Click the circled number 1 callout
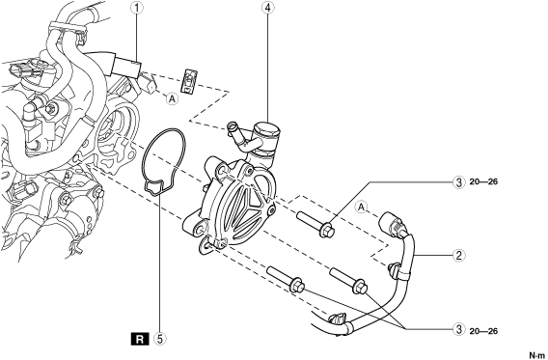click(x=137, y=9)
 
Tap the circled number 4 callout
click(x=267, y=9)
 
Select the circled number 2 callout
click(x=459, y=255)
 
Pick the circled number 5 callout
click(x=159, y=339)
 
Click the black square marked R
click(x=140, y=339)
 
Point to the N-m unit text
click(x=537, y=355)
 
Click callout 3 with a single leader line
click(x=459, y=182)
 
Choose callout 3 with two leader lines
click(x=459, y=329)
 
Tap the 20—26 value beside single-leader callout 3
click(x=483, y=181)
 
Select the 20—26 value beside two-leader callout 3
click(x=483, y=331)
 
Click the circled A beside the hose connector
click(x=362, y=208)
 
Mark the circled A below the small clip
click(x=172, y=98)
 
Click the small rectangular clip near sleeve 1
click(x=190, y=81)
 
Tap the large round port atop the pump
click(x=267, y=130)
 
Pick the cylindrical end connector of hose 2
click(x=392, y=224)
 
